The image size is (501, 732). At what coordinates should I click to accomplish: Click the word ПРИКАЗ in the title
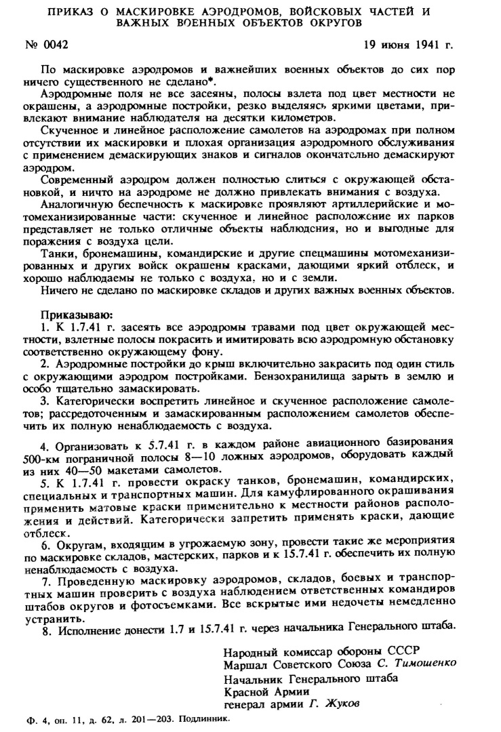(x=79, y=12)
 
